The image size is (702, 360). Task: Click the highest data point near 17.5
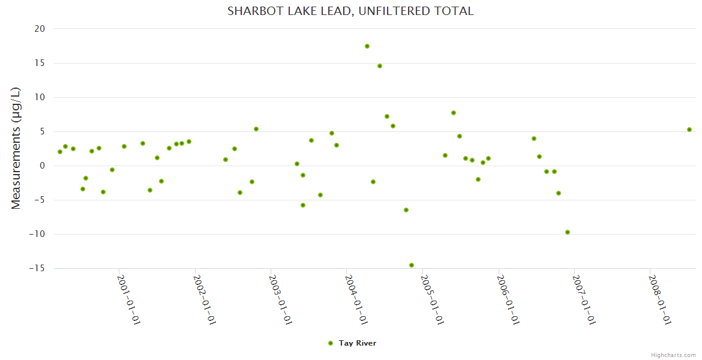[367, 46]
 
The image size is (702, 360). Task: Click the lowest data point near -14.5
[412, 265]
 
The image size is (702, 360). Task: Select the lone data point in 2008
[689, 130]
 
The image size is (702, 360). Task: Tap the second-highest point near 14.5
[380, 66]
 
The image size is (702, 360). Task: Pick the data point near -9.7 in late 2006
[568, 232]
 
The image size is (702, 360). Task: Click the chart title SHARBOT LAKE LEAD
[350, 11]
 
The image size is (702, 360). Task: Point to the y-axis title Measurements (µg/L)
[16, 148]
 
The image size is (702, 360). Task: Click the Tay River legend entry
[357, 343]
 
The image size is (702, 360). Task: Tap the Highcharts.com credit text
[673, 355]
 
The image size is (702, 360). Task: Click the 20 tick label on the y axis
[40, 29]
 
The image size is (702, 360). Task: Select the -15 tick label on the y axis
[36, 268]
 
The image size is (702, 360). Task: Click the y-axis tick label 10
[40, 97]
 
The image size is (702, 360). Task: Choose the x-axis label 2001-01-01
[129, 300]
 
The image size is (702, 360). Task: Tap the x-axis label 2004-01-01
[356, 300]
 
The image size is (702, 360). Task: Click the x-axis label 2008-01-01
[660, 300]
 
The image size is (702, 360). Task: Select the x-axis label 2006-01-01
[508, 300]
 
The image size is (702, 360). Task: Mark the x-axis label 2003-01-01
[281, 300]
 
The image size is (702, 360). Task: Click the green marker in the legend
[330, 343]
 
